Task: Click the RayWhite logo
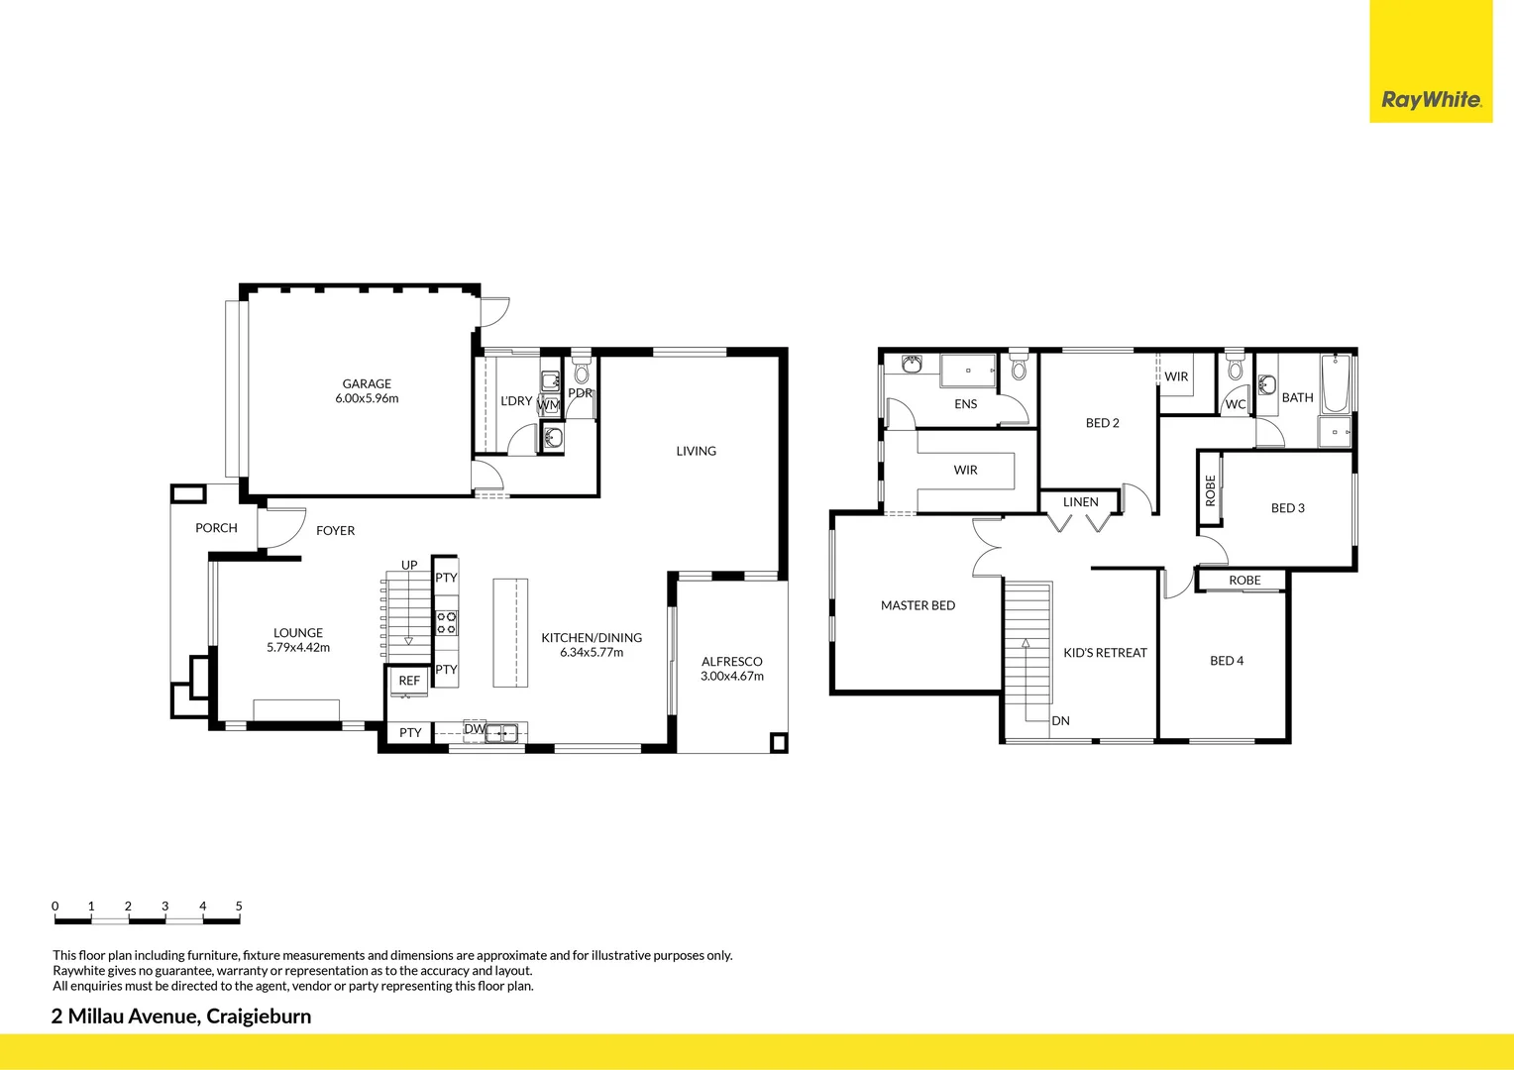pos(1431,99)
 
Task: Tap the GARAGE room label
pos(367,384)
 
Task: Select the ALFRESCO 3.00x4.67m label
pos(732,669)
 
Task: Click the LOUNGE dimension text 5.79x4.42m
pos(298,648)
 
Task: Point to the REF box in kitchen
pos(409,681)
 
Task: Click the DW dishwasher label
pos(474,729)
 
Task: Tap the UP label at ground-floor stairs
pos(409,565)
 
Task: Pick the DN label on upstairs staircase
pos(1060,721)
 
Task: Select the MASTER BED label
pos(918,605)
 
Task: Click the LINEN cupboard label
pos(1080,502)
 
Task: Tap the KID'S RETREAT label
pos(1105,653)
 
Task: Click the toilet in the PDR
pos(582,372)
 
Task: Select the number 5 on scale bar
pos(239,906)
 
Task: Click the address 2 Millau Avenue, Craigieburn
pos(181,1016)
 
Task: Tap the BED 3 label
pos(1287,508)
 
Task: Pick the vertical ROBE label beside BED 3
pos(1210,490)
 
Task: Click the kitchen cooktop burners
pos(447,622)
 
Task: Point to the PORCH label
pos(216,528)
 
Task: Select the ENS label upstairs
pos(965,404)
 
